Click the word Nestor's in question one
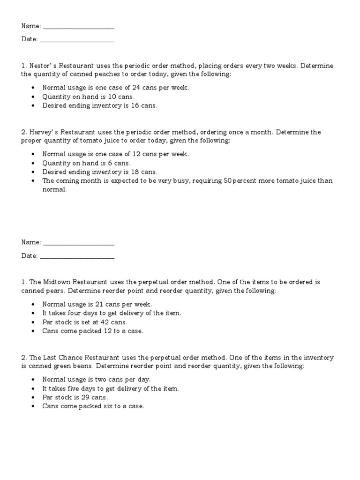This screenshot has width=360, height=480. [42, 66]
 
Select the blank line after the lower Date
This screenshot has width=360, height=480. [77, 256]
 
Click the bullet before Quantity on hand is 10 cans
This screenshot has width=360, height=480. [32, 97]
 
